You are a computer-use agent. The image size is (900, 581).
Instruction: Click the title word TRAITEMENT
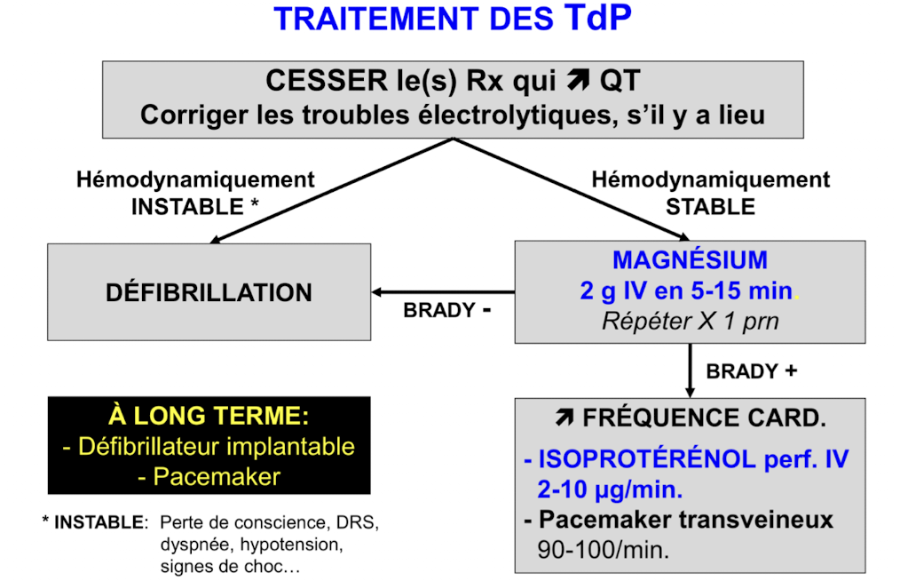pyautogui.click(x=363, y=20)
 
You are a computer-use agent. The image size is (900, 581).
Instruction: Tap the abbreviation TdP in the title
pyautogui.click(x=596, y=18)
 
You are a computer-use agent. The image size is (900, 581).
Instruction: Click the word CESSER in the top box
pyautogui.click(x=315, y=82)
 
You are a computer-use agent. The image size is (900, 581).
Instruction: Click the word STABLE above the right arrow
pyautogui.click(x=710, y=207)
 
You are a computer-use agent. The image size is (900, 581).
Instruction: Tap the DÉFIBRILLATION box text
pyautogui.click(x=209, y=292)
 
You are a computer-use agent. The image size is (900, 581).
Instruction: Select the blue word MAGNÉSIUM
pyautogui.click(x=690, y=260)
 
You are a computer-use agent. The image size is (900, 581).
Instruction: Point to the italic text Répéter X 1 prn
pyautogui.click(x=690, y=321)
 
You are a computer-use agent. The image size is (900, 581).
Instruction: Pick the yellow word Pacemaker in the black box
pyautogui.click(x=217, y=476)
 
